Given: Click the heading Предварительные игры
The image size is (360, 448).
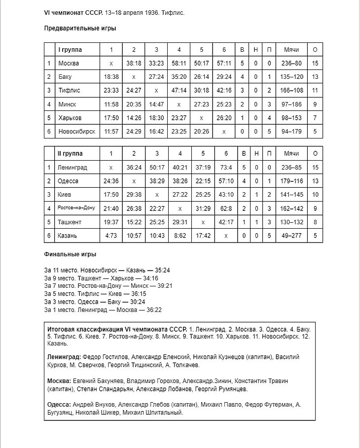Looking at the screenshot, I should pos(80,28).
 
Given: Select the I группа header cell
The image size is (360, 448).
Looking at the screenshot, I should pos(71,50).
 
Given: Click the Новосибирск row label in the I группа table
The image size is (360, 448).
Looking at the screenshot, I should pos(76,132).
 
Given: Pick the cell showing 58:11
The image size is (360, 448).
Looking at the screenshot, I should pos(179,64).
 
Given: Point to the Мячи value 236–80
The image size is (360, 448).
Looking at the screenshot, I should pos(291,64).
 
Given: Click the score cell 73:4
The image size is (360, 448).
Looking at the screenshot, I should pos(226,168).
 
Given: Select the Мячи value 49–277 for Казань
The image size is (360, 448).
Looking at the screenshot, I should pos(291,236).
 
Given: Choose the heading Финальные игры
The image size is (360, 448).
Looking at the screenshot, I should pos(70,254).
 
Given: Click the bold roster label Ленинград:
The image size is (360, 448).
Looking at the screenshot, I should pos(64,357).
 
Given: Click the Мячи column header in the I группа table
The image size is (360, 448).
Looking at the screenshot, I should pos(291,50).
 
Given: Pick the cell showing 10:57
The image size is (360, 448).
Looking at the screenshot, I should pos(134,236).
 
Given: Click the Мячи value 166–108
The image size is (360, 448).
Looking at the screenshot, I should pos(291,91).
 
